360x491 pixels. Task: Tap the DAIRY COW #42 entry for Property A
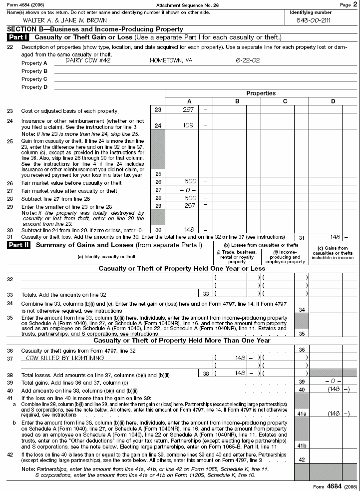(88, 60)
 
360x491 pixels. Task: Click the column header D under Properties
(333, 101)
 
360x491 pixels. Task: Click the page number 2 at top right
(355, 4)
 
